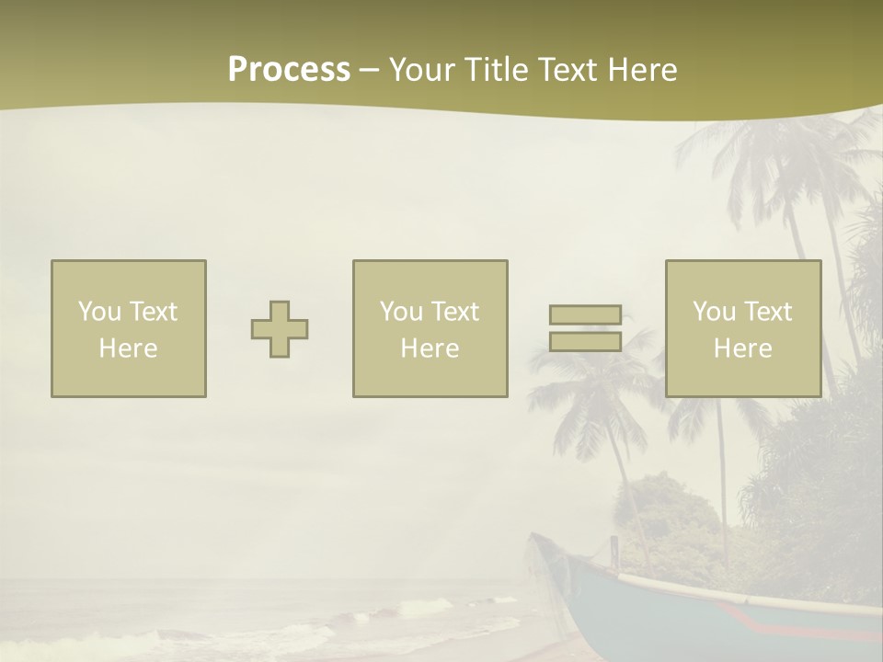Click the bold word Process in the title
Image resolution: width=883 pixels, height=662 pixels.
tap(289, 70)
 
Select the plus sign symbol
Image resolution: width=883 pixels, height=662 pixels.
tap(280, 329)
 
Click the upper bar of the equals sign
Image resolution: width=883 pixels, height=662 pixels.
tap(585, 314)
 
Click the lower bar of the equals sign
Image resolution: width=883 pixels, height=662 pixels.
tap(585, 341)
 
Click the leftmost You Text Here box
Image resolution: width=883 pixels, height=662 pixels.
tap(129, 328)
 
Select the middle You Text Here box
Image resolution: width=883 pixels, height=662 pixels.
tap(430, 328)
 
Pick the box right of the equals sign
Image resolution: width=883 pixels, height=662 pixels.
tap(743, 328)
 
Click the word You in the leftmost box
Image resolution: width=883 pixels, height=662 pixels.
tap(99, 312)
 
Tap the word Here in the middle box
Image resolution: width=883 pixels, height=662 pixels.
tap(430, 348)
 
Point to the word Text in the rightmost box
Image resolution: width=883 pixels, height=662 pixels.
tap(766, 312)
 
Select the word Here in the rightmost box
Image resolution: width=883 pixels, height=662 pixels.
tap(743, 348)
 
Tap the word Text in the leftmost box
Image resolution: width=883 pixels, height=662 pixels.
tap(152, 312)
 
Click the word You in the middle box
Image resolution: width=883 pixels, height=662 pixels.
tap(401, 312)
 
